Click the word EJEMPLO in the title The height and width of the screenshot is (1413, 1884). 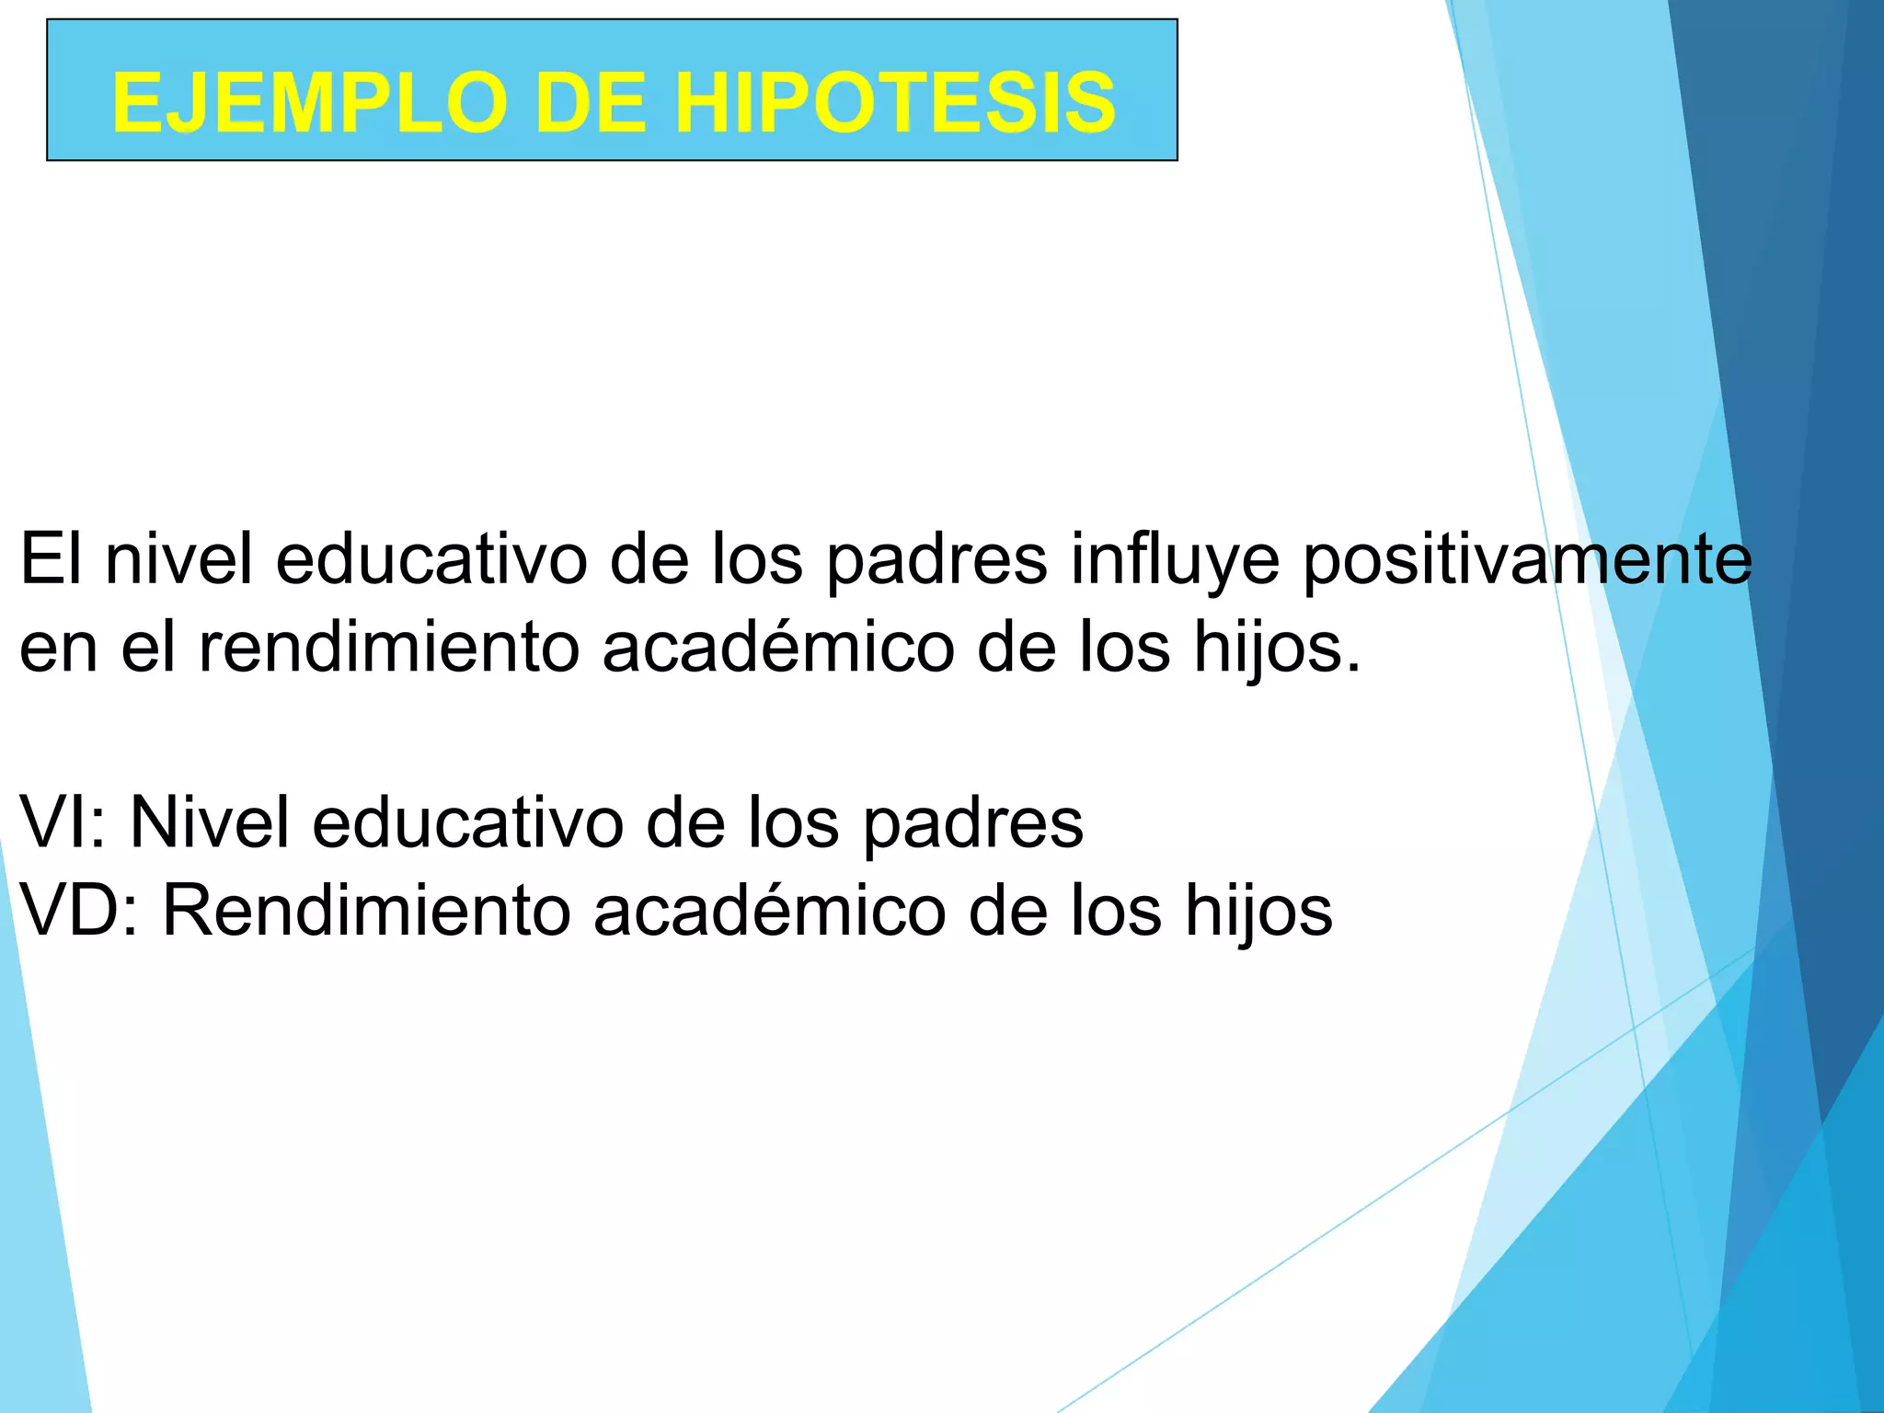(309, 103)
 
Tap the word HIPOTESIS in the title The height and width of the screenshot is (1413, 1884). (894, 103)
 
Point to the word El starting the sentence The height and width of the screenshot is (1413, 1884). (50, 559)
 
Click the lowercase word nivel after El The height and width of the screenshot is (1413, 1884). (178, 559)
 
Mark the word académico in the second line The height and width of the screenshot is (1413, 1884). (778, 647)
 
